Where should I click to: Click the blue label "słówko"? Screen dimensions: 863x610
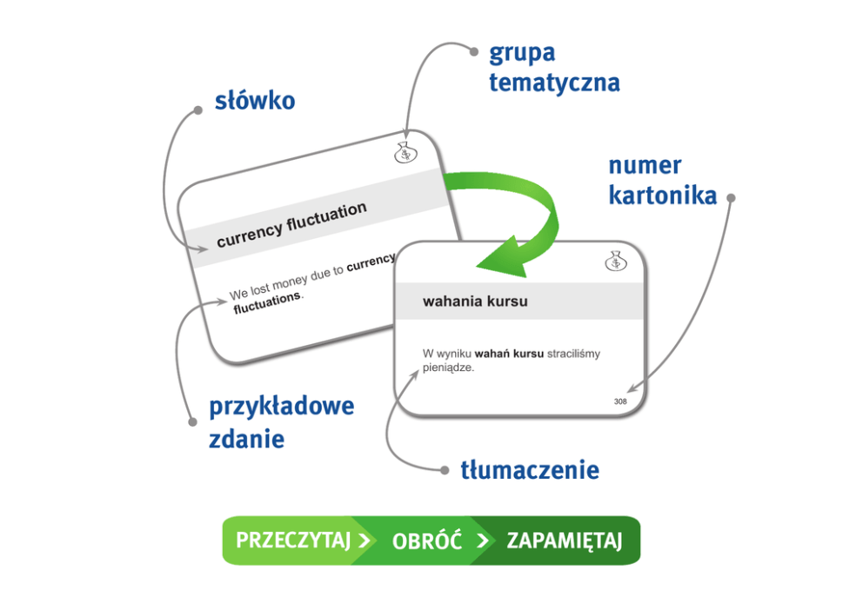click(255, 102)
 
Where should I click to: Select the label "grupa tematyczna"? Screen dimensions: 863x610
click(554, 68)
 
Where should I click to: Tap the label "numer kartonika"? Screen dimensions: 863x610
click(662, 181)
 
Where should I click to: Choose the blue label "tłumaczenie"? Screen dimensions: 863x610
click(529, 471)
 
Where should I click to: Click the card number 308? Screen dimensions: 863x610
click(620, 401)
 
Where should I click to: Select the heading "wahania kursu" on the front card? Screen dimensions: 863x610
click(475, 302)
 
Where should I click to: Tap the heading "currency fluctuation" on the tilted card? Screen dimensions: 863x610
click(291, 224)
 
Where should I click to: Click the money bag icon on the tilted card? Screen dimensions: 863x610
click(405, 152)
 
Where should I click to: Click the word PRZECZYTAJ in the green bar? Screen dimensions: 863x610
click(292, 540)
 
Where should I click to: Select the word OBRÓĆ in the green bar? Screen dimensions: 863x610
click(426, 540)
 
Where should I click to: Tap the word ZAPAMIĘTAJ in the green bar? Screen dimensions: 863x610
click(565, 540)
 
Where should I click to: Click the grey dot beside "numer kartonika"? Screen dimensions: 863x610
click(731, 198)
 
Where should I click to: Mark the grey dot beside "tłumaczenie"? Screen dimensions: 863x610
click(442, 470)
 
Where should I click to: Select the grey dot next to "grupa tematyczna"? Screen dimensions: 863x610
click(472, 50)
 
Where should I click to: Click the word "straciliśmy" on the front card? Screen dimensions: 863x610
click(573, 354)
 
